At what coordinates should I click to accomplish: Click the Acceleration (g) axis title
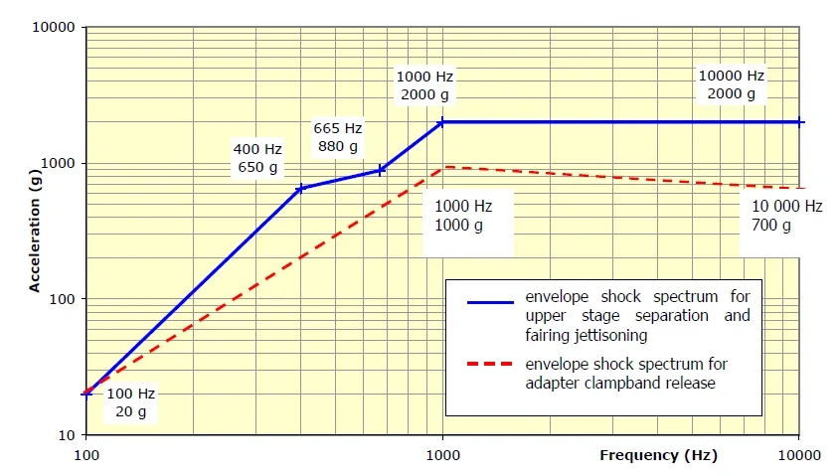click(x=34, y=231)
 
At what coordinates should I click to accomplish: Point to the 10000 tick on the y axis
click(x=59, y=27)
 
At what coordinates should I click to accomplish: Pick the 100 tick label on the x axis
click(x=86, y=455)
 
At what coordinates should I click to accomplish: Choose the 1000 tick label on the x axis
click(x=443, y=455)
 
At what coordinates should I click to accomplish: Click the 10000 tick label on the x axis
click(x=798, y=455)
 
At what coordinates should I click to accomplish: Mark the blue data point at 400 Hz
click(x=300, y=188)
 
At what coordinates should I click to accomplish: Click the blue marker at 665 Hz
click(x=380, y=170)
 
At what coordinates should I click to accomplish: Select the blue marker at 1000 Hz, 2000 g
click(x=442, y=122)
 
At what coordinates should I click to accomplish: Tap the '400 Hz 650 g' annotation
click(x=257, y=158)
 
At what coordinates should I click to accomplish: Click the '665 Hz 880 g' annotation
click(x=338, y=138)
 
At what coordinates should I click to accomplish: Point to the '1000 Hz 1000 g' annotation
click(x=464, y=216)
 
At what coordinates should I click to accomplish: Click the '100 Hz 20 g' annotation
click(x=130, y=401)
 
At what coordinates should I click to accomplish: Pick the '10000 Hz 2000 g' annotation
click(x=732, y=84)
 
